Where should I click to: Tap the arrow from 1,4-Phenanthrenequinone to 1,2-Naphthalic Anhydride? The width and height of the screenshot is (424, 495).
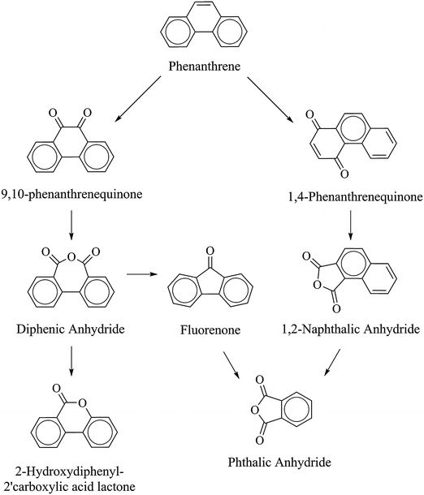(349, 225)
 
